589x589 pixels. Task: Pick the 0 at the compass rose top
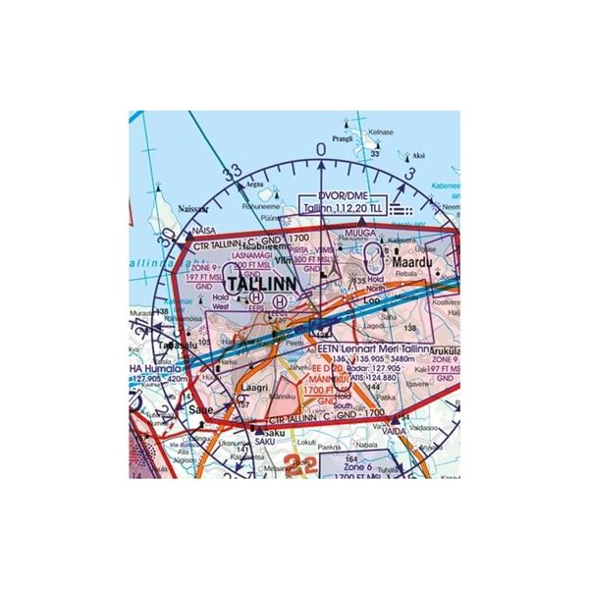coord(321,148)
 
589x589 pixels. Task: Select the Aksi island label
coord(418,156)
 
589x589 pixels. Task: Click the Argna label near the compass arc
coord(254,184)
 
